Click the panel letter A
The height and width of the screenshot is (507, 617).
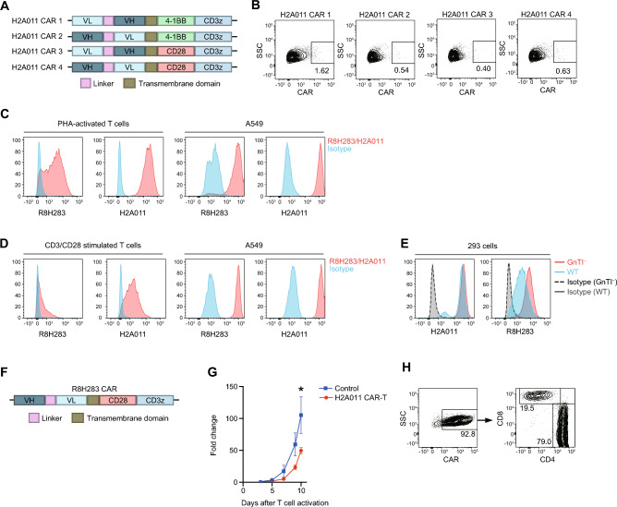pos(7,7)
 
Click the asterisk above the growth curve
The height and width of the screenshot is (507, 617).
pos(300,376)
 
